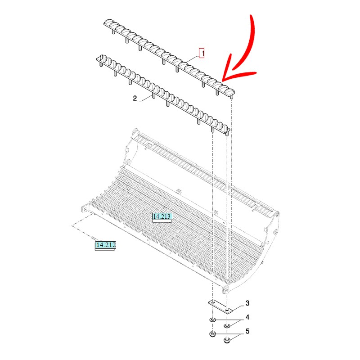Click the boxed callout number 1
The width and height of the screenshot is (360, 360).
[x=202, y=53]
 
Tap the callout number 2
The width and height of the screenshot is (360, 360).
[x=135, y=98]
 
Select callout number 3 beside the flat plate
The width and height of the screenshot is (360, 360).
[x=247, y=303]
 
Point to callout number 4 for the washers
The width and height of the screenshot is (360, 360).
[x=247, y=317]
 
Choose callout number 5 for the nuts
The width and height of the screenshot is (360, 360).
[x=247, y=331]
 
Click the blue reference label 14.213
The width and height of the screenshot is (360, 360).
[x=162, y=216]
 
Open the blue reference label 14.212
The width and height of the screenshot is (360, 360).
[x=106, y=245]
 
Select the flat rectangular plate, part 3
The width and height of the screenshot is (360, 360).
[x=220, y=307]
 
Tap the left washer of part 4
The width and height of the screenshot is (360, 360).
[x=212, y=320]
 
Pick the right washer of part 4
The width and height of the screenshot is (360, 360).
[x=227, y=326]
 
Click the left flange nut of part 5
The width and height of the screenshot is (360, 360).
[x=212, y=334]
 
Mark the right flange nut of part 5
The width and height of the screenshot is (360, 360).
[x=227, y=340]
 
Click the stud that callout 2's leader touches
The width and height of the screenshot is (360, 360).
[x=153, y=95]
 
